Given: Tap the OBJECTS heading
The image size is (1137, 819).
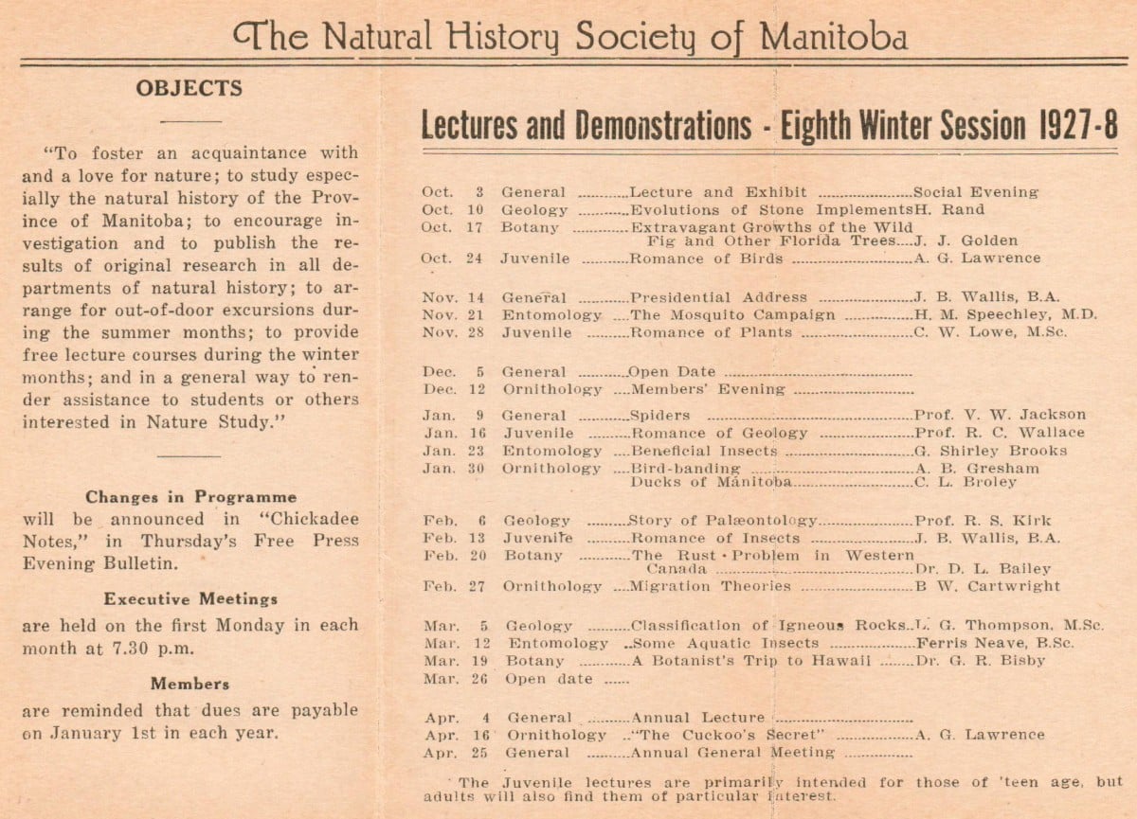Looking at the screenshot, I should click(189, 88).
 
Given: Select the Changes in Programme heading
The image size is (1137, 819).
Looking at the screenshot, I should click(190, 496).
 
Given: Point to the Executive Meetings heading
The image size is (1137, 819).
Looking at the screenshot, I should click(190, 598).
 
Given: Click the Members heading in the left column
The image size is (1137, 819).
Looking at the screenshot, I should click(189, 684).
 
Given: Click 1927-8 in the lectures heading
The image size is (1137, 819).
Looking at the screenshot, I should click(1077, 125).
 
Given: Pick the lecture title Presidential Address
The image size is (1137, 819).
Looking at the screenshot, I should click(718, 297).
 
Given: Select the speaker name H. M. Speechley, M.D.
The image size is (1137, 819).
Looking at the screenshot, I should click(1005, 314).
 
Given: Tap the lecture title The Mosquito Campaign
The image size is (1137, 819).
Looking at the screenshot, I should click(732, 314).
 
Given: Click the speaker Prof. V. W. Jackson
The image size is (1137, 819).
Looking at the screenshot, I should click(1000, 415).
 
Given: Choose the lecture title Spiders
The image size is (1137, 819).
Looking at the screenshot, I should click(659, 415).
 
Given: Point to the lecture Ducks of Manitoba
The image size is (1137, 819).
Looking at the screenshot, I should click(711, 482).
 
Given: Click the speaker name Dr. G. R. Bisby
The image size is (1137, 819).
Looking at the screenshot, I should click(980, 661).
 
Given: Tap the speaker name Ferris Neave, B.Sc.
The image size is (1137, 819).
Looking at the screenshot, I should click(995, 643).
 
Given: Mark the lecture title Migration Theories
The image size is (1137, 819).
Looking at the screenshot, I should click(711, 586).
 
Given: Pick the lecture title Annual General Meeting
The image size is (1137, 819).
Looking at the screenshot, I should click(732, 753).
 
